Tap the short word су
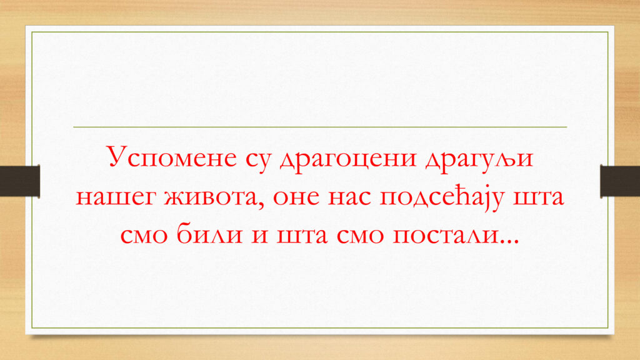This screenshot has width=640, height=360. [258, 159]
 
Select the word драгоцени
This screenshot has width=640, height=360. [347, 159]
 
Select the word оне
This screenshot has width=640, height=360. [296, 197]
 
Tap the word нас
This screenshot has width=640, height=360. [349, 197]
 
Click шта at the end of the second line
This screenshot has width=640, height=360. [538, 197]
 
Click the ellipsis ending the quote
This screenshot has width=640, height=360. [510, 242]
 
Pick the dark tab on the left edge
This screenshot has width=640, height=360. [20, 181]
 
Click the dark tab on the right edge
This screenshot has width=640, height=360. [620, 181]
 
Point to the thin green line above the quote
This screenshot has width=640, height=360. [320, 127]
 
